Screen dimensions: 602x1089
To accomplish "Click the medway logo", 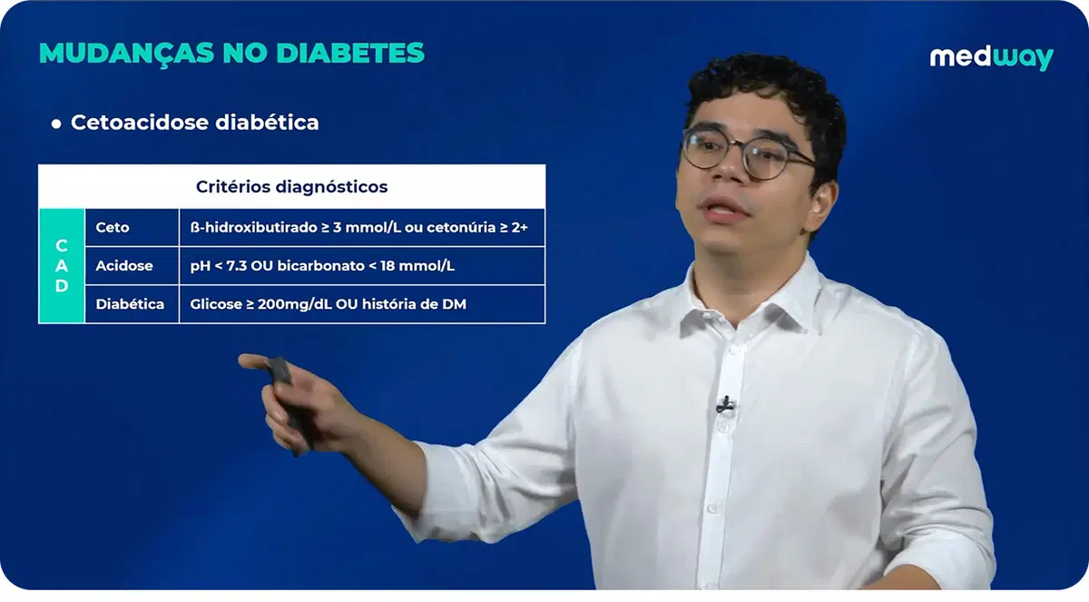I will (x=991, y=57).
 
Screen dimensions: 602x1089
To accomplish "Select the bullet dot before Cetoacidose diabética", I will (x=56, y=123).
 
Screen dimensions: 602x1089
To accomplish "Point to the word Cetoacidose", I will (x=140, y=123).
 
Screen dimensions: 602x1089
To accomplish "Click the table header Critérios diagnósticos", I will (x=291, y=187).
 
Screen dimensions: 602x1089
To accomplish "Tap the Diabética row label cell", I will (x=130, y=304).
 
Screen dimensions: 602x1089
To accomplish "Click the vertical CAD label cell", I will (x=61, y=266).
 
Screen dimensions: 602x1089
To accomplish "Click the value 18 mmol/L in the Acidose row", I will (x=426, y=266).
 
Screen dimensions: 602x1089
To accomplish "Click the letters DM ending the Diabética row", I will (x=455, y=304).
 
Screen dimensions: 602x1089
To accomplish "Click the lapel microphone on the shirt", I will (x=724, y=403).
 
